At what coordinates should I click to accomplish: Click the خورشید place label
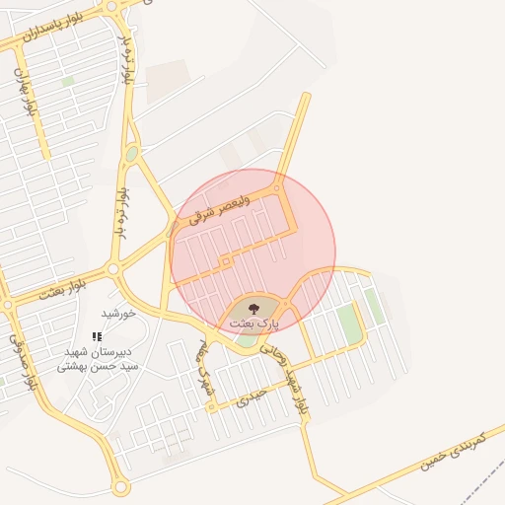116,313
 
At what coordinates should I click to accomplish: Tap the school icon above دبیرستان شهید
96,336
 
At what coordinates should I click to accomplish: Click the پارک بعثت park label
254,323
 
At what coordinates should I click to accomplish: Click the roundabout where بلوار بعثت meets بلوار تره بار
113,267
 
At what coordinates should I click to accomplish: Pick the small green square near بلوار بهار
67,82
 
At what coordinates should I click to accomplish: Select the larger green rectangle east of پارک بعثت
348,323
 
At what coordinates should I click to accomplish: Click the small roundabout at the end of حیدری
212,407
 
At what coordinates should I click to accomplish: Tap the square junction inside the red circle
226,261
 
